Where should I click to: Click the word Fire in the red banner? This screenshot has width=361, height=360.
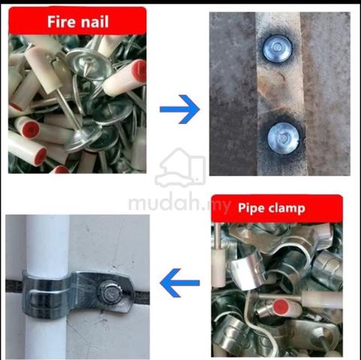61,22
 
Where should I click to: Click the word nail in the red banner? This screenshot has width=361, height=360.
93,22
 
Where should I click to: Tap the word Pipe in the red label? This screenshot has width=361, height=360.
250,208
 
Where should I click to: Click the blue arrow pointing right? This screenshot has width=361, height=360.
179,109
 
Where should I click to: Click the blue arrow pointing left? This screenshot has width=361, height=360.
179,283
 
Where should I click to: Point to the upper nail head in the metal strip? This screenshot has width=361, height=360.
278,48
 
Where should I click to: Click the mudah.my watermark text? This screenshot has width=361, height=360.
179,203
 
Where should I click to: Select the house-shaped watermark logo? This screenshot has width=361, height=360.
180,167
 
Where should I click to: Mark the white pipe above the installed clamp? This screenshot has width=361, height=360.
47,243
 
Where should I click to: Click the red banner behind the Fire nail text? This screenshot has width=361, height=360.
77,20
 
